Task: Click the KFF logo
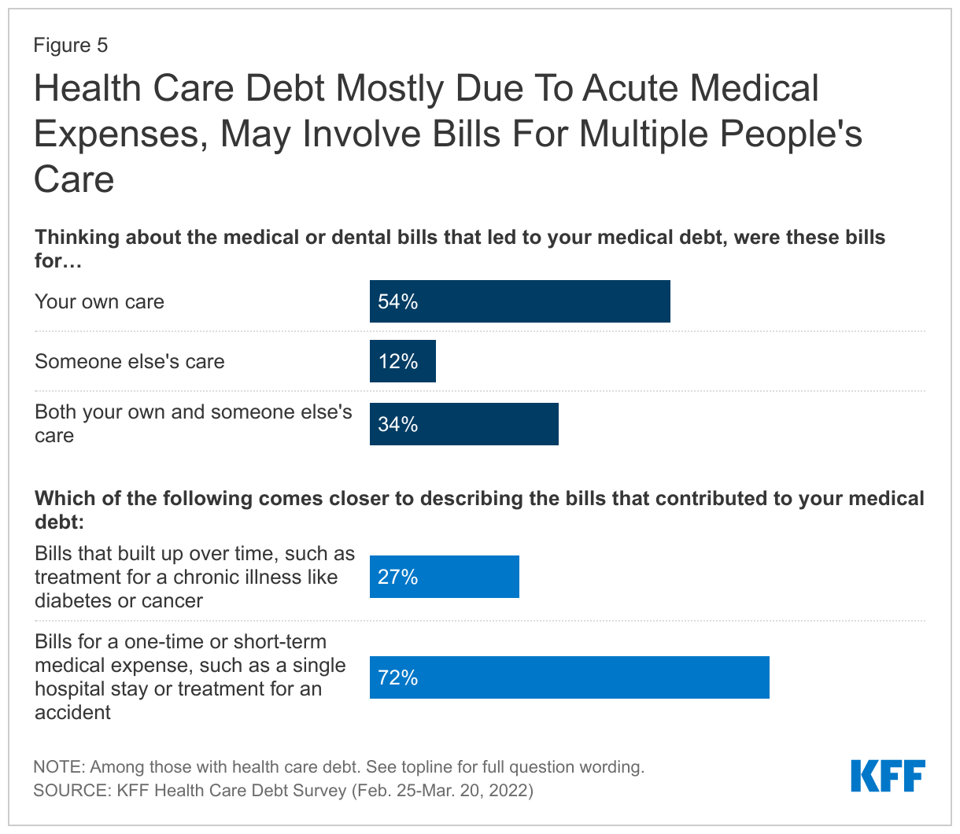tap(888, 776)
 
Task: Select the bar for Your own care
tap(519, 301)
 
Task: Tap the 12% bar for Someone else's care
tap(402, 361)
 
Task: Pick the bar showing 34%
tap(463, 424)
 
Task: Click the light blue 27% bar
tap(444, 577)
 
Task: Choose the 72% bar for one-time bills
tap(569, 677)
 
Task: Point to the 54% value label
tap(397, 301)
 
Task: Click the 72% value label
tap(397, 677)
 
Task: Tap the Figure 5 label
tap(70, 45)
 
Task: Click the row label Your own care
tap(99, 301)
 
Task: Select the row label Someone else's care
tap(129, 361)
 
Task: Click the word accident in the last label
tap(72, 712)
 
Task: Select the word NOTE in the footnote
tap(59, 766)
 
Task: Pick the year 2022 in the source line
tap(507, 790)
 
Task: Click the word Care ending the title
tap(74, 179)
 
